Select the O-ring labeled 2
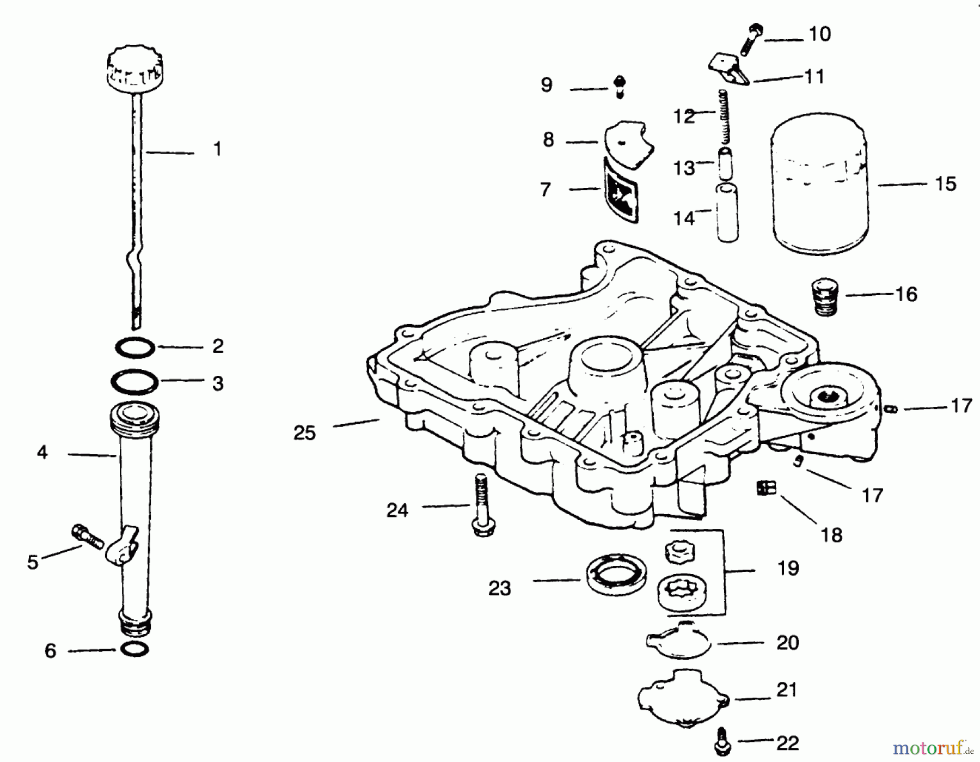(x=134, y=348)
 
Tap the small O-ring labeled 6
(x=134, y=649)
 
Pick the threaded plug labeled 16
(x=825, y=297)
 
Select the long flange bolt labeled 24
(x=482, y=507)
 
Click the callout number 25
(x=304, y=433)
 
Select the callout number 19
(x=788, y=568)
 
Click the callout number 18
(x=831, y=535)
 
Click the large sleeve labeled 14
(x=727, y=214)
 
